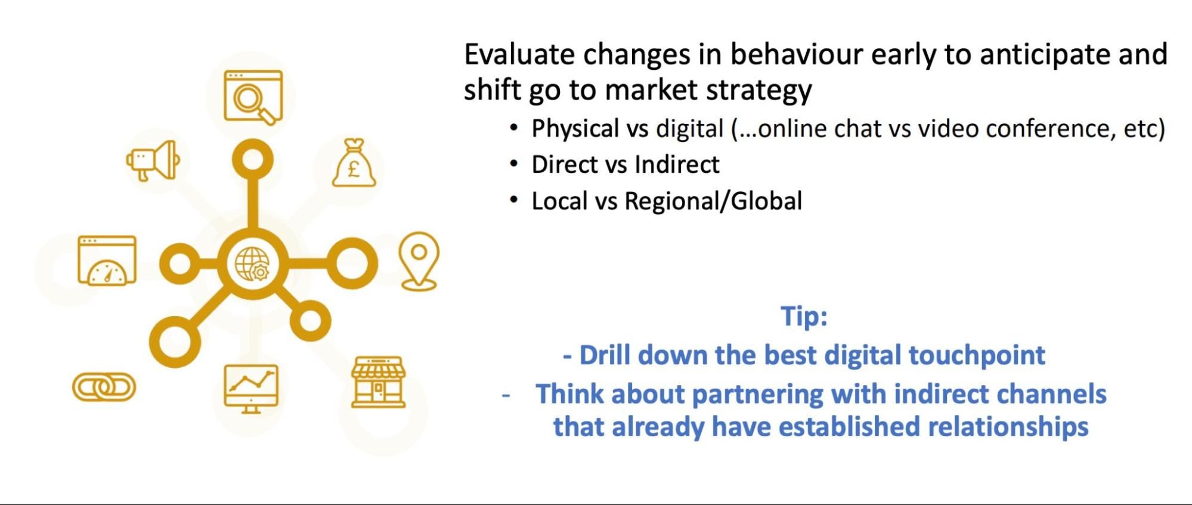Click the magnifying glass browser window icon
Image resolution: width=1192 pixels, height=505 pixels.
[x=253, y=97]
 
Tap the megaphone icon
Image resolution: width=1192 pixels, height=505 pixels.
[x=153, y=160]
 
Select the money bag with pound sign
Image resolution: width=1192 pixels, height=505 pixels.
[x=354, y=163]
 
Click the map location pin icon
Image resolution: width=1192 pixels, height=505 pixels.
[x=419, y=261]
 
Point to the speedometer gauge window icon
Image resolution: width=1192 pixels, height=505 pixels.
[x=107, y=261]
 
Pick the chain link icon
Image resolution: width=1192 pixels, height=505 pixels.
[x=104, y=387]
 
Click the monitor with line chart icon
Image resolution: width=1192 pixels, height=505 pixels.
[x=251, y=388]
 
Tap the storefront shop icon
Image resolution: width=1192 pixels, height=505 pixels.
[x=378, y=383]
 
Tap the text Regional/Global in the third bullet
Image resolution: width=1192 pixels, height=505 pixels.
[x=713, y=201]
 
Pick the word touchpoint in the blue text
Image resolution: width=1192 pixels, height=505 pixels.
[x=976, y=355]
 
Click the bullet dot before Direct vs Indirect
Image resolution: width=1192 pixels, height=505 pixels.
[x=513, y=163]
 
